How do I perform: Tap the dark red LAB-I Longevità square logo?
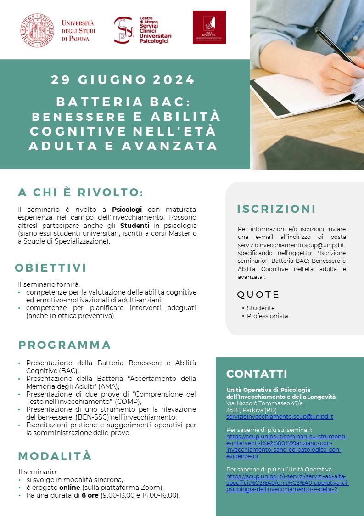point(209,27)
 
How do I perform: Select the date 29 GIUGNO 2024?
point(123,80)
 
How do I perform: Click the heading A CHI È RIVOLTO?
point(81,192)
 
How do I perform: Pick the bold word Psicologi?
point(127,210)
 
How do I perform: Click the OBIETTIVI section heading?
point(50,268)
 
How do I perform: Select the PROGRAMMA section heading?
point(65,345)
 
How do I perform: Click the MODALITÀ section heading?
point(55,456)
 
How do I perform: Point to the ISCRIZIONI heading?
point(276,209)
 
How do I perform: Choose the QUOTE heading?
point(258,295)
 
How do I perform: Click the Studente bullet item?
point(261,308)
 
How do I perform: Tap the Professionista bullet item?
point(267,316)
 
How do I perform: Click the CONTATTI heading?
point(257,374)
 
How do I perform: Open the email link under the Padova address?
point(280,417)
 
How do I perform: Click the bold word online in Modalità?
point(69,488)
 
